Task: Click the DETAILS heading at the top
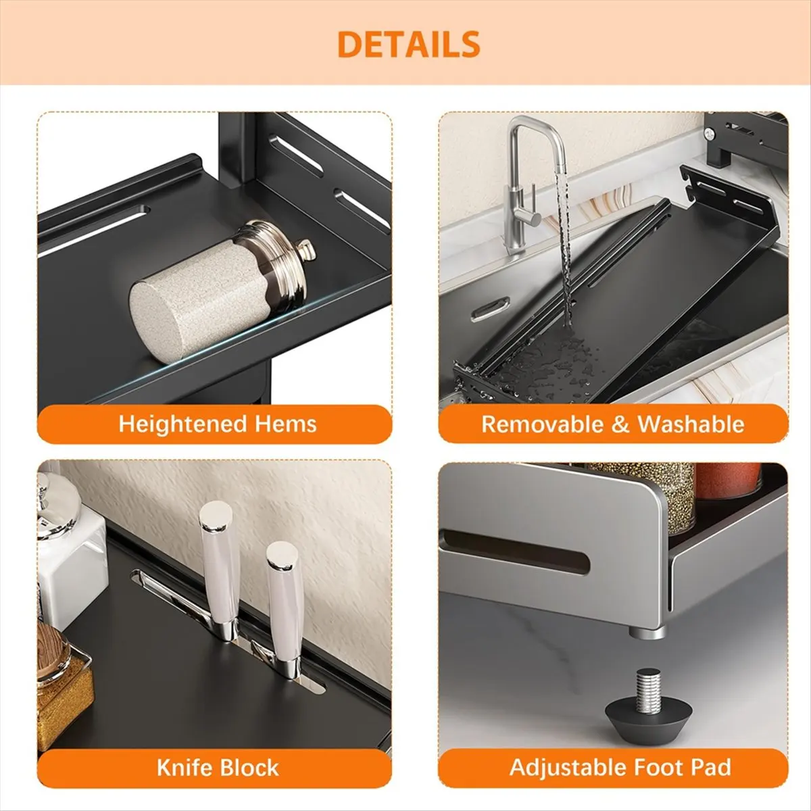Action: point(408,45)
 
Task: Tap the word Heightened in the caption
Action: point(182,424)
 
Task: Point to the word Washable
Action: point(690,424)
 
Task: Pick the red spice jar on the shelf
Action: point(728,481)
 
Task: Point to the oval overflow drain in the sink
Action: point(491,310)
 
